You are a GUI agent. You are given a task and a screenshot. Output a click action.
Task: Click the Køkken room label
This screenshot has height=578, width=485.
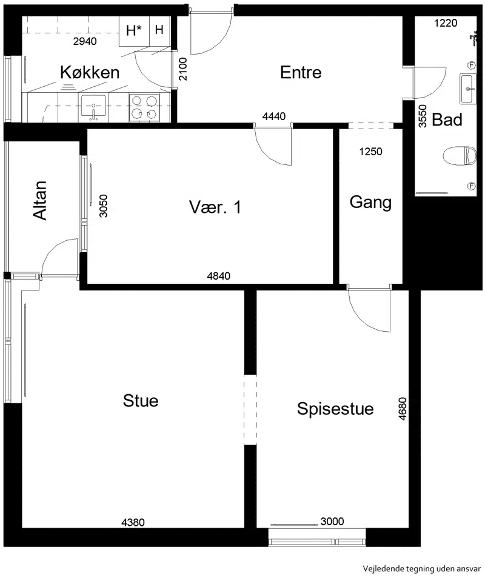90,72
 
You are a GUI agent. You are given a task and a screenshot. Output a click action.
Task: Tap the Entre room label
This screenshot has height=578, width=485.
301,72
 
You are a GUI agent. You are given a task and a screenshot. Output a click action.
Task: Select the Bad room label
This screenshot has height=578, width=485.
447,120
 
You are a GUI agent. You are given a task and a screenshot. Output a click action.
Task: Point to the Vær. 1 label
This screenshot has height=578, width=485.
215,207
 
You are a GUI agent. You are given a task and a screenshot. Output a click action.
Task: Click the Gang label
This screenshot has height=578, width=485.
370,203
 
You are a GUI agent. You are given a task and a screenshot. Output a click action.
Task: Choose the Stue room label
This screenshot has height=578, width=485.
141,401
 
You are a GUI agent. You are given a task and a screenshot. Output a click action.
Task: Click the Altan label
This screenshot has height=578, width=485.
40,201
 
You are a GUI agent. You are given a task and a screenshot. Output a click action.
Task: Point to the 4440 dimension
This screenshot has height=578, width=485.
274,116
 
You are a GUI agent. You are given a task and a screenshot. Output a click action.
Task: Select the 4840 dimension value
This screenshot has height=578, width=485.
219,276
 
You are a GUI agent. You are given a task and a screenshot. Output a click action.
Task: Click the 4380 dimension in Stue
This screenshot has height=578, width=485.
133,522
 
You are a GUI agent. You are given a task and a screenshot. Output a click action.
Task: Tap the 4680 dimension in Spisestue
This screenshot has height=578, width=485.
403,408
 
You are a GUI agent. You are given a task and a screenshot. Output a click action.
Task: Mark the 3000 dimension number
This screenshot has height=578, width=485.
332,521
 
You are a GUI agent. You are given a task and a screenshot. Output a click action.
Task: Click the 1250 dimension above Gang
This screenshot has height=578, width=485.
371,152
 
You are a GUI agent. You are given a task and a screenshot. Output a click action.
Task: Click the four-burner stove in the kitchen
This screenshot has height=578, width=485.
144,107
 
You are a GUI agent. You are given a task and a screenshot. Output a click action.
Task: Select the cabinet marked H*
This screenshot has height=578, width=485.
134,30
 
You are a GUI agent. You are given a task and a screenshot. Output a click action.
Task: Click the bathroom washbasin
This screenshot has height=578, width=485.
468,89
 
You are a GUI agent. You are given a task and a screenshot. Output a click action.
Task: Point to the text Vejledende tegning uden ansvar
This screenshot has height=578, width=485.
421,568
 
